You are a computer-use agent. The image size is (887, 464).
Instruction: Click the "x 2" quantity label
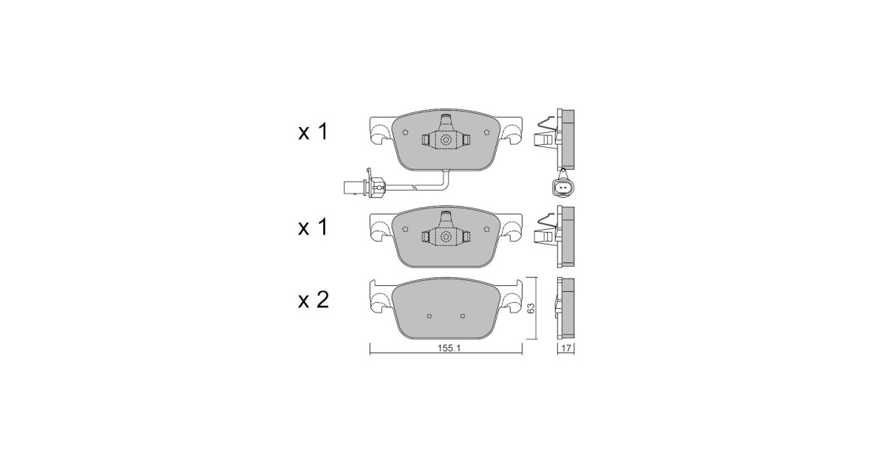click(x=313, y=301)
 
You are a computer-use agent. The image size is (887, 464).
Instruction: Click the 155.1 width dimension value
click(x=449, y=349)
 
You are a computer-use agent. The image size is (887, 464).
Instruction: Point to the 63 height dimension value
click(x=531, y=308)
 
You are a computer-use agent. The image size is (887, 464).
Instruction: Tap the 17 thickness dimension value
click(x=566, y=349)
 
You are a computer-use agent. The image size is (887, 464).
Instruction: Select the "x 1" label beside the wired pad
click(x=313, y=132)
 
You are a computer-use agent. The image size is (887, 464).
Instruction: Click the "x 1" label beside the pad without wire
click(x=313, y=228)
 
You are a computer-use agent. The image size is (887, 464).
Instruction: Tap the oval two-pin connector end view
click(x=562, y=187)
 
